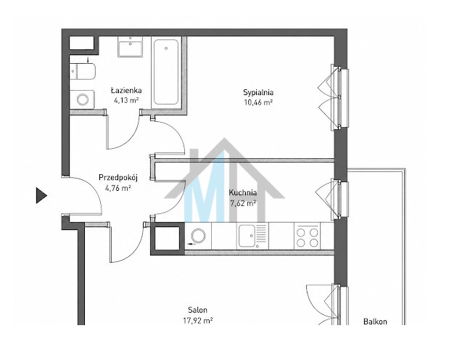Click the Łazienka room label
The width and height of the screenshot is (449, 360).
[x=126, y=90]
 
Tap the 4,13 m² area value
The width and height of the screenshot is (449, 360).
[x=126, y=100]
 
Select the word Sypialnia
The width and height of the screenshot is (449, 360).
[x=258, y=93]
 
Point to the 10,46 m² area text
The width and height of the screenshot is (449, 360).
[x=258, y=102]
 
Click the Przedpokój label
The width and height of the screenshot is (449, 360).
[x=118, y=178]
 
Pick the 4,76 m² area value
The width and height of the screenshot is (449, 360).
[x=118, y=188]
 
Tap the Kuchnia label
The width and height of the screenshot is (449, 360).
[x=243, y=192]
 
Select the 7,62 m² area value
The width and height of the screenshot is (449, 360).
[x=243, y=203]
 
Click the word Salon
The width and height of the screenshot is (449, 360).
[x=197, y=310]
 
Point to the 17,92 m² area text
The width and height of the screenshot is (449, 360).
[x=197, y=321]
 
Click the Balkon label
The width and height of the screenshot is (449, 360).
[x=375, y=322]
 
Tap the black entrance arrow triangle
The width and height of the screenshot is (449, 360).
[x=41, y=195]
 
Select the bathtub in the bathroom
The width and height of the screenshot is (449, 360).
[x=166, y=72]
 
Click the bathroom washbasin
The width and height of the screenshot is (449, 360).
[x=131, y=47]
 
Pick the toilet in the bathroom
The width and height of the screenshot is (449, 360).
[x=83, y=71]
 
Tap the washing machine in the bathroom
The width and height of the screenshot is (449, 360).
[x=82, y=99]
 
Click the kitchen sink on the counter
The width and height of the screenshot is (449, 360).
[x=252, y=236]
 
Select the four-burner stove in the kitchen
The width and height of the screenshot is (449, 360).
[x=308, y=236]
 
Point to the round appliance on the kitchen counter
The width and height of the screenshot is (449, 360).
[x=198, y=236]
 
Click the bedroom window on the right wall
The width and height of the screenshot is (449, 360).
[x=339, y=97]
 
